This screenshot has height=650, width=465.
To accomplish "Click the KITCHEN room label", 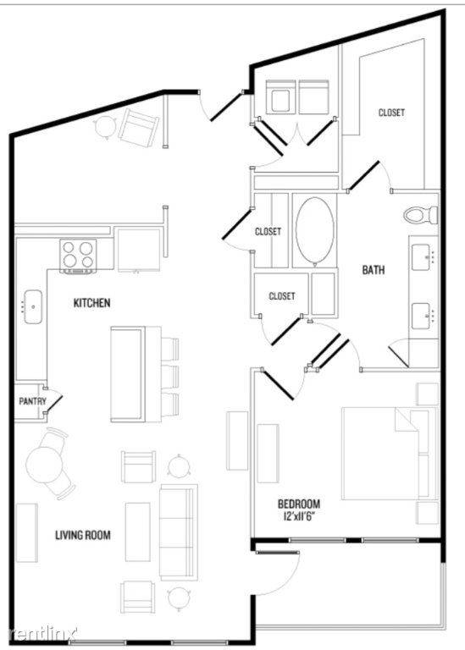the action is [x=92, y=303].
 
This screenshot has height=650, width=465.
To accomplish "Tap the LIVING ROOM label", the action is [x=83, y=535].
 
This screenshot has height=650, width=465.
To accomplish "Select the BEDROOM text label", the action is [x=299, y=504].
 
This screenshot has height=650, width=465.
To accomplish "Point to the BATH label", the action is [x=374, y=270].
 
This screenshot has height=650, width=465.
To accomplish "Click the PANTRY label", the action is [x=32, y=401].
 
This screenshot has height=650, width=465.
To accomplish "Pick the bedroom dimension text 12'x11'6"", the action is [x=299, y=516].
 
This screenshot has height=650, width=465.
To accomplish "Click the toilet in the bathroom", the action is [x=421, y=215].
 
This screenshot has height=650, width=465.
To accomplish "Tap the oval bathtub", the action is [x=315, y=231].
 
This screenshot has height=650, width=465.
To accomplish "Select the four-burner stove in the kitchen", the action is [x=79, y=256].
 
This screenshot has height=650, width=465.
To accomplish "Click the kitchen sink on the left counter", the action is [x=33, y=306].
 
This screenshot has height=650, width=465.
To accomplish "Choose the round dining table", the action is [x=44, y=464].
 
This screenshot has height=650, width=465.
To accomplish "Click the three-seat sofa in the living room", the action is [x=179, y=532].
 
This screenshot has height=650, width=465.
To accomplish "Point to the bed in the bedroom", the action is [x=390, y=454].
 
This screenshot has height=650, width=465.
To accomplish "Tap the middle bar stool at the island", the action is [x=170, y=377].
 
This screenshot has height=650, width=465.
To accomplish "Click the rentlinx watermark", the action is [x=43, y=633].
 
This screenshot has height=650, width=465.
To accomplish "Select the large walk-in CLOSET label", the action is [x=391, y=113].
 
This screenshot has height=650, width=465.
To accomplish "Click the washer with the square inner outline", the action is [x=280, y=97].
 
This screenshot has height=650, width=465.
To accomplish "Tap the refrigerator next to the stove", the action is [x=139, y=249].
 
